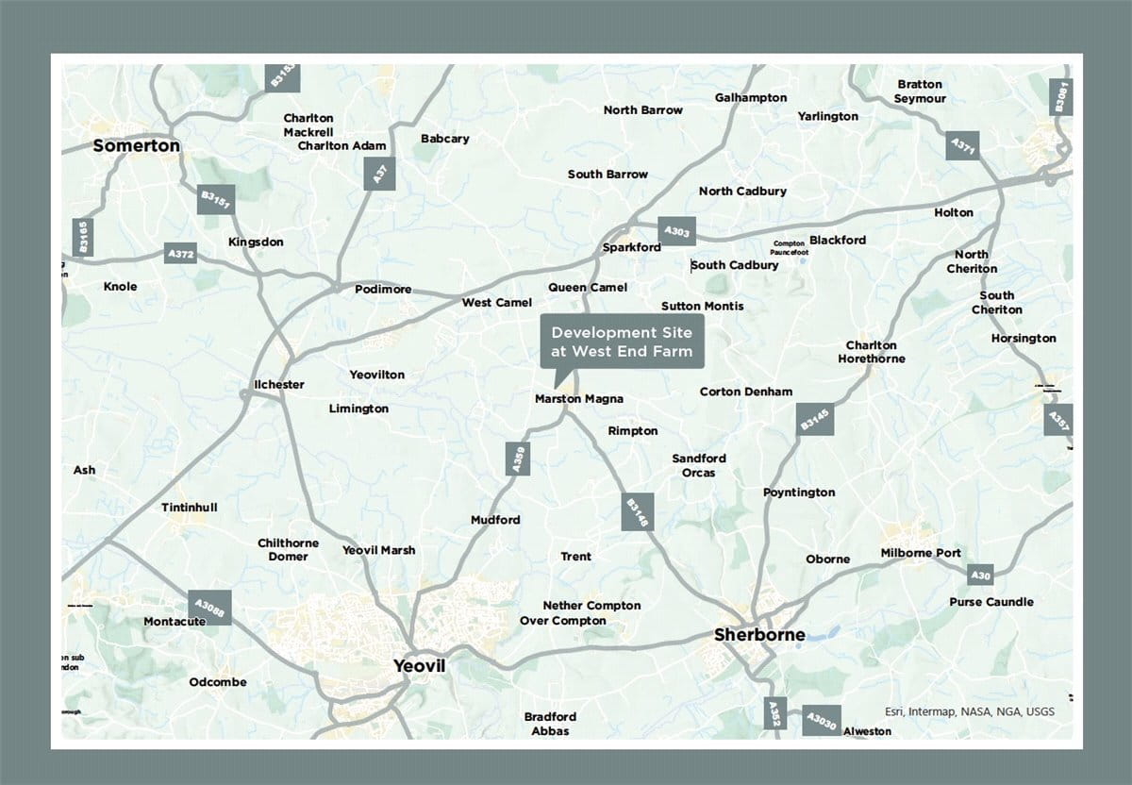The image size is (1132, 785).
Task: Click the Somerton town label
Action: pyautogui.click(x=136, y=146)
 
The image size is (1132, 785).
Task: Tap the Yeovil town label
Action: pyautogui.click(x=419, y=667)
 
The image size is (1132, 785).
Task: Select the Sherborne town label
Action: pyautogui.click(x=759, y=635)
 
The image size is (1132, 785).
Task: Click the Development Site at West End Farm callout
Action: pyautogui.click(x=622, y=342)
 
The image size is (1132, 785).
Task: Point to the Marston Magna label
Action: pyautogui.click(x=578, y=399)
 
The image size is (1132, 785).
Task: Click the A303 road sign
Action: pyautogui.click(x=676, y=231)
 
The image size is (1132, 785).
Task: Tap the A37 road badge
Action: pyautogui.click(x=379, y=175)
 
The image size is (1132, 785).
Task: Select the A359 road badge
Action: pyautogui.click(x=517, y=459)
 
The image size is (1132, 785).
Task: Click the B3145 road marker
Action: pyautogui.click(x=815, y=419)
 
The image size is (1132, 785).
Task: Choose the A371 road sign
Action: pyautogui.click(x=963, y=147)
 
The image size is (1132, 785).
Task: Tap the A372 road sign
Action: pyautogui.click(x=180, y=253)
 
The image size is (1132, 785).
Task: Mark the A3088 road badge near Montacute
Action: pyautogui.click(x=208, y=608)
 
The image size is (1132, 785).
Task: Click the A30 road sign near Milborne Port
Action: pyautogui.click(x=981, y=575)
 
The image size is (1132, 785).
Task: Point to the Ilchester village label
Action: pyautogui.click(x=279, y=385)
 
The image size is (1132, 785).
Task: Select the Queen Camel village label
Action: pyautogui.click(x=587, y=288)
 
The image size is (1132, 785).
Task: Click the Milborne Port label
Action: pyautogui.click(x=921, y=553)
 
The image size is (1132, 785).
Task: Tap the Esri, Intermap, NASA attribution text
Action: pyautogui.click(x=969, y=711)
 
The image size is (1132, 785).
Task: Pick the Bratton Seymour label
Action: pyautogui.click(x=920, y=92)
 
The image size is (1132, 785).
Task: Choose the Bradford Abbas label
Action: pyautogui.click(x=550, y=724)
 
